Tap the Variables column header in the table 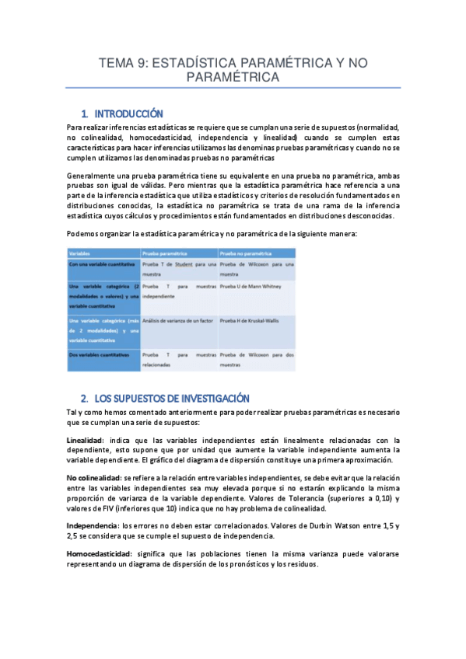79,253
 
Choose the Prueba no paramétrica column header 244,253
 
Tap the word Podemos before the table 83,235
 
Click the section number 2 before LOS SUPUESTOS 83,397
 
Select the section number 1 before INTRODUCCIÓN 83,113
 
